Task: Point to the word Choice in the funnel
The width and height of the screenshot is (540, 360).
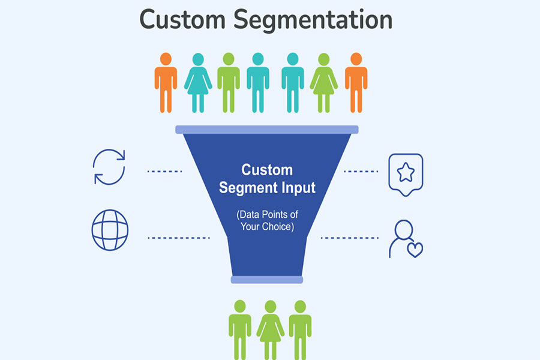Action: (x=278, y=227)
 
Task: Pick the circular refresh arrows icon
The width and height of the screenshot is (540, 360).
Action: (x=109, y=166)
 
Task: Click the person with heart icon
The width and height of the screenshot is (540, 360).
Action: (x=404, y=239)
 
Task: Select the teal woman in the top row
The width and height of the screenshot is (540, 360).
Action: (x=198, y=82)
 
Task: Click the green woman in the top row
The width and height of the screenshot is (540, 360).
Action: (x=324, y=82)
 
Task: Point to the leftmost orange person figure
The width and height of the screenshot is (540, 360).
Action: (x=166, y=82)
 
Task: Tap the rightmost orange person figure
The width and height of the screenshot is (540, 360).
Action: (x=356, y=82)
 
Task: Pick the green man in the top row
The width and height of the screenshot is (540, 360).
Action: (x=228, y=82)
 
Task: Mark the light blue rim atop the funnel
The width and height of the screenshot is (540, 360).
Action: (x=267, y=129)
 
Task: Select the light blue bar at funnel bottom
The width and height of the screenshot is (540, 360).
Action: (x=267, y=279)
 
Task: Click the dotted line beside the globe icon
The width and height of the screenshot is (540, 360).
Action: (x=179, y=238)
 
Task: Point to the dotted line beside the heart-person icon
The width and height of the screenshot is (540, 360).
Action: (x=348, y=238)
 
